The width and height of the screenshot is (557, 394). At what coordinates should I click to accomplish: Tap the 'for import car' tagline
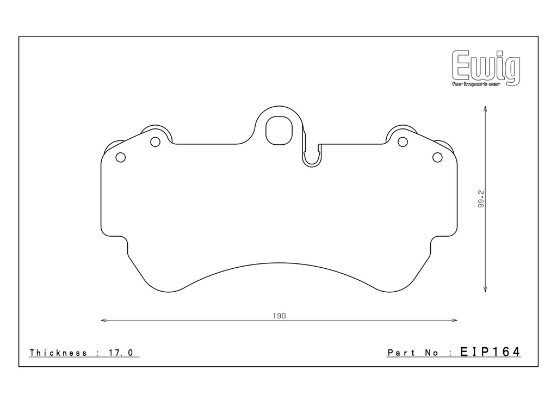pyautogui.click(x=475, y=84)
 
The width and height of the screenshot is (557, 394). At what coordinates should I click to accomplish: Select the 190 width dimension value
pyautogui.click(x=279, y=316)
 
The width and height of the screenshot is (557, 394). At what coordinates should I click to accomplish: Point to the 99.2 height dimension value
pyautogui.click(x=481, y=199)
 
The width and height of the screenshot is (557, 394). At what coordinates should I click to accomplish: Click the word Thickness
pyautogui.click(x=58, y=353)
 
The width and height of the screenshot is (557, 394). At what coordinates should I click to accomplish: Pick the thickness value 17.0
pyautogui.click(x=120, y=353)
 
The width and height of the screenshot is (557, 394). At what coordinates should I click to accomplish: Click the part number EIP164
pyautogui.click(x=490, y=352)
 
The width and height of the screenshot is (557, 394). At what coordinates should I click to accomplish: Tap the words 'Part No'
pyautogui.click(x=413, y=353)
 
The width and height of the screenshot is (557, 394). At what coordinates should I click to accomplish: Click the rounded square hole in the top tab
pyautogui.click(x=279, y=131)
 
